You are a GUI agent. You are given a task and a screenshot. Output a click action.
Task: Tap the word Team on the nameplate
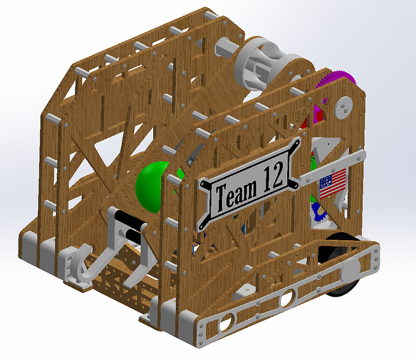[x=236, y=195]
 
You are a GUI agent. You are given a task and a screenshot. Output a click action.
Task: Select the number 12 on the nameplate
[x=273, y=175]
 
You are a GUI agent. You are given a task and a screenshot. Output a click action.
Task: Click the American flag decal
[x=333, y=183]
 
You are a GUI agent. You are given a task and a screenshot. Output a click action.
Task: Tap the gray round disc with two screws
[x=344, y=107]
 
